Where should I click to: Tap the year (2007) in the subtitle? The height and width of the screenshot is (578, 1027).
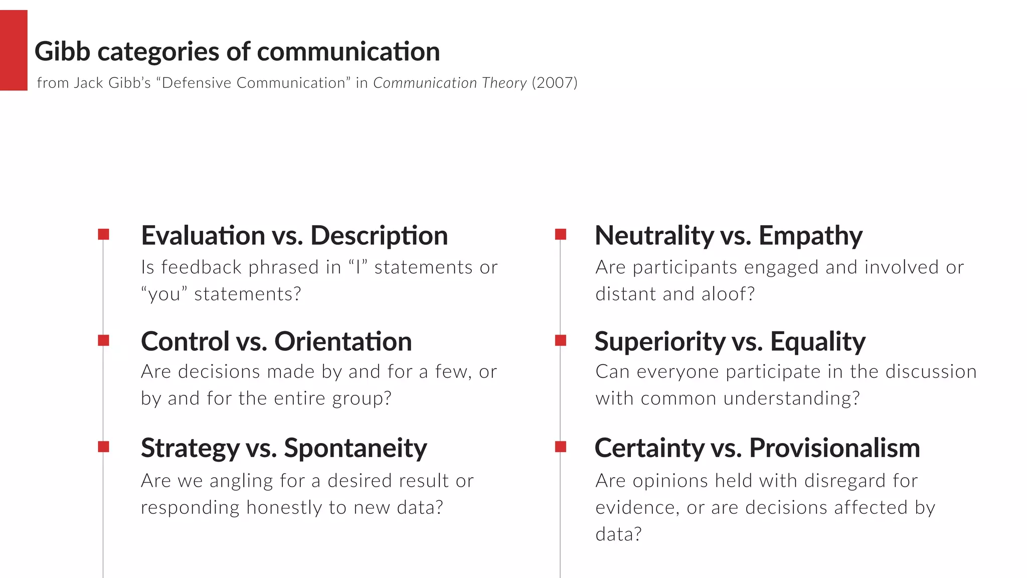coord(555,83)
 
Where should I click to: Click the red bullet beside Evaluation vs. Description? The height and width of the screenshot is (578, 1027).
coord(104,234)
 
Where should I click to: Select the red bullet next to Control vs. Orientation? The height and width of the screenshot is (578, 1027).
coord(104,341)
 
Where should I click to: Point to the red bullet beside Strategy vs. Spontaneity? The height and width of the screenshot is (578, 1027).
coord(104,447)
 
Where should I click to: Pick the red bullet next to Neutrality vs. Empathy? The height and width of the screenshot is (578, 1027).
coord(561,234)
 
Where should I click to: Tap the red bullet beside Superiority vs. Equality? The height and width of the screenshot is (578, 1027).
coord(561,341)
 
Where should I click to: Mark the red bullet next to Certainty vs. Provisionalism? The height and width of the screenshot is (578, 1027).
coord(561,447)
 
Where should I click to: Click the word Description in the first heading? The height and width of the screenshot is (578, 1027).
coord(379,236)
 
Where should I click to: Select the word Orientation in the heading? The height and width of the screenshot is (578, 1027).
coord(343,342)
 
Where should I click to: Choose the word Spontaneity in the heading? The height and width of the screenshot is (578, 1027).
coord(356,448)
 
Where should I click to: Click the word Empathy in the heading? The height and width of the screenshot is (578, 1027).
coord(810,236)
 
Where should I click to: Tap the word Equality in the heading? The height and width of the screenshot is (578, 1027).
coord(818,342)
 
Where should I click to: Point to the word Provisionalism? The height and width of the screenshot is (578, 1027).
coord(834,448)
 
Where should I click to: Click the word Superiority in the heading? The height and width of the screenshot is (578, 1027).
coord(660,342)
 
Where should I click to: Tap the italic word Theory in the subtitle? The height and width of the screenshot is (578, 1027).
coord(504,83)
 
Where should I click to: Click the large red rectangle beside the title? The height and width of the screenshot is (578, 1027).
coord(14,50)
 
